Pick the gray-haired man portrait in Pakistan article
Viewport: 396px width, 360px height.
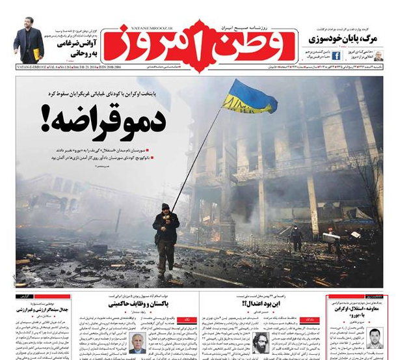coord(137,341)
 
